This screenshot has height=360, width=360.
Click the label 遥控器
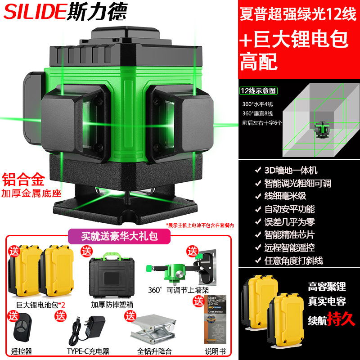[x=19, y=351]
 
